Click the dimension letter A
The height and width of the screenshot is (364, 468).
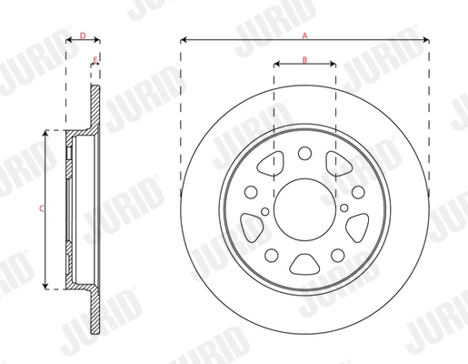(305, 34)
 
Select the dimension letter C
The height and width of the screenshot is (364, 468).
(40, 209)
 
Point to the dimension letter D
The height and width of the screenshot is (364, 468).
(83, 35)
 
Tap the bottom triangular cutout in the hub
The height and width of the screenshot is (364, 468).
(305, 264)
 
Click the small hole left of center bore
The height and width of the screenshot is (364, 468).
(264, 215)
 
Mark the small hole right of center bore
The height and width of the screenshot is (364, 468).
(347, 215)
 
